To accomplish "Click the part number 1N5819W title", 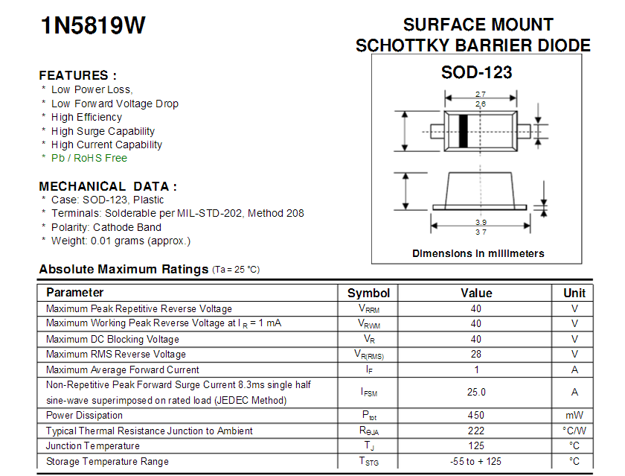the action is tap(93, 25).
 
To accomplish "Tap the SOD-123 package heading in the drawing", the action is tap(476, 72).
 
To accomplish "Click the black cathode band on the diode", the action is tap(463, 131).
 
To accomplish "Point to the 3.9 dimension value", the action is tap(481, 222).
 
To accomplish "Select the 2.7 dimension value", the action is tap(481, 94).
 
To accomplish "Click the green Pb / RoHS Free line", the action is tap(89, 158).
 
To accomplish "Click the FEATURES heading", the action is tap(77, 75).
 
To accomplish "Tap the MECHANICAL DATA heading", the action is tap(108, 186).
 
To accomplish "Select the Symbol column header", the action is tap(368, 293).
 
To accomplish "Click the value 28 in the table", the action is tap(476, 354).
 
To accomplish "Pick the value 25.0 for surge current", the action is tap(476, 392).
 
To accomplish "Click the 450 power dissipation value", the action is tap(476, 415).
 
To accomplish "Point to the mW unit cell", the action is tap(574, 416).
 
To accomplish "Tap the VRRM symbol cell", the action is tap(369, 308).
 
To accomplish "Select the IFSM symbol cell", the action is tap(369, 393).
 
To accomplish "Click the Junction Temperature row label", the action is tap(93, 445).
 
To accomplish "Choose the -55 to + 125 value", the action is tap(476, 461).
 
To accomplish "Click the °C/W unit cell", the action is tap(574, 431).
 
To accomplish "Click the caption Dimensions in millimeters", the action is tap(478, 253).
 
